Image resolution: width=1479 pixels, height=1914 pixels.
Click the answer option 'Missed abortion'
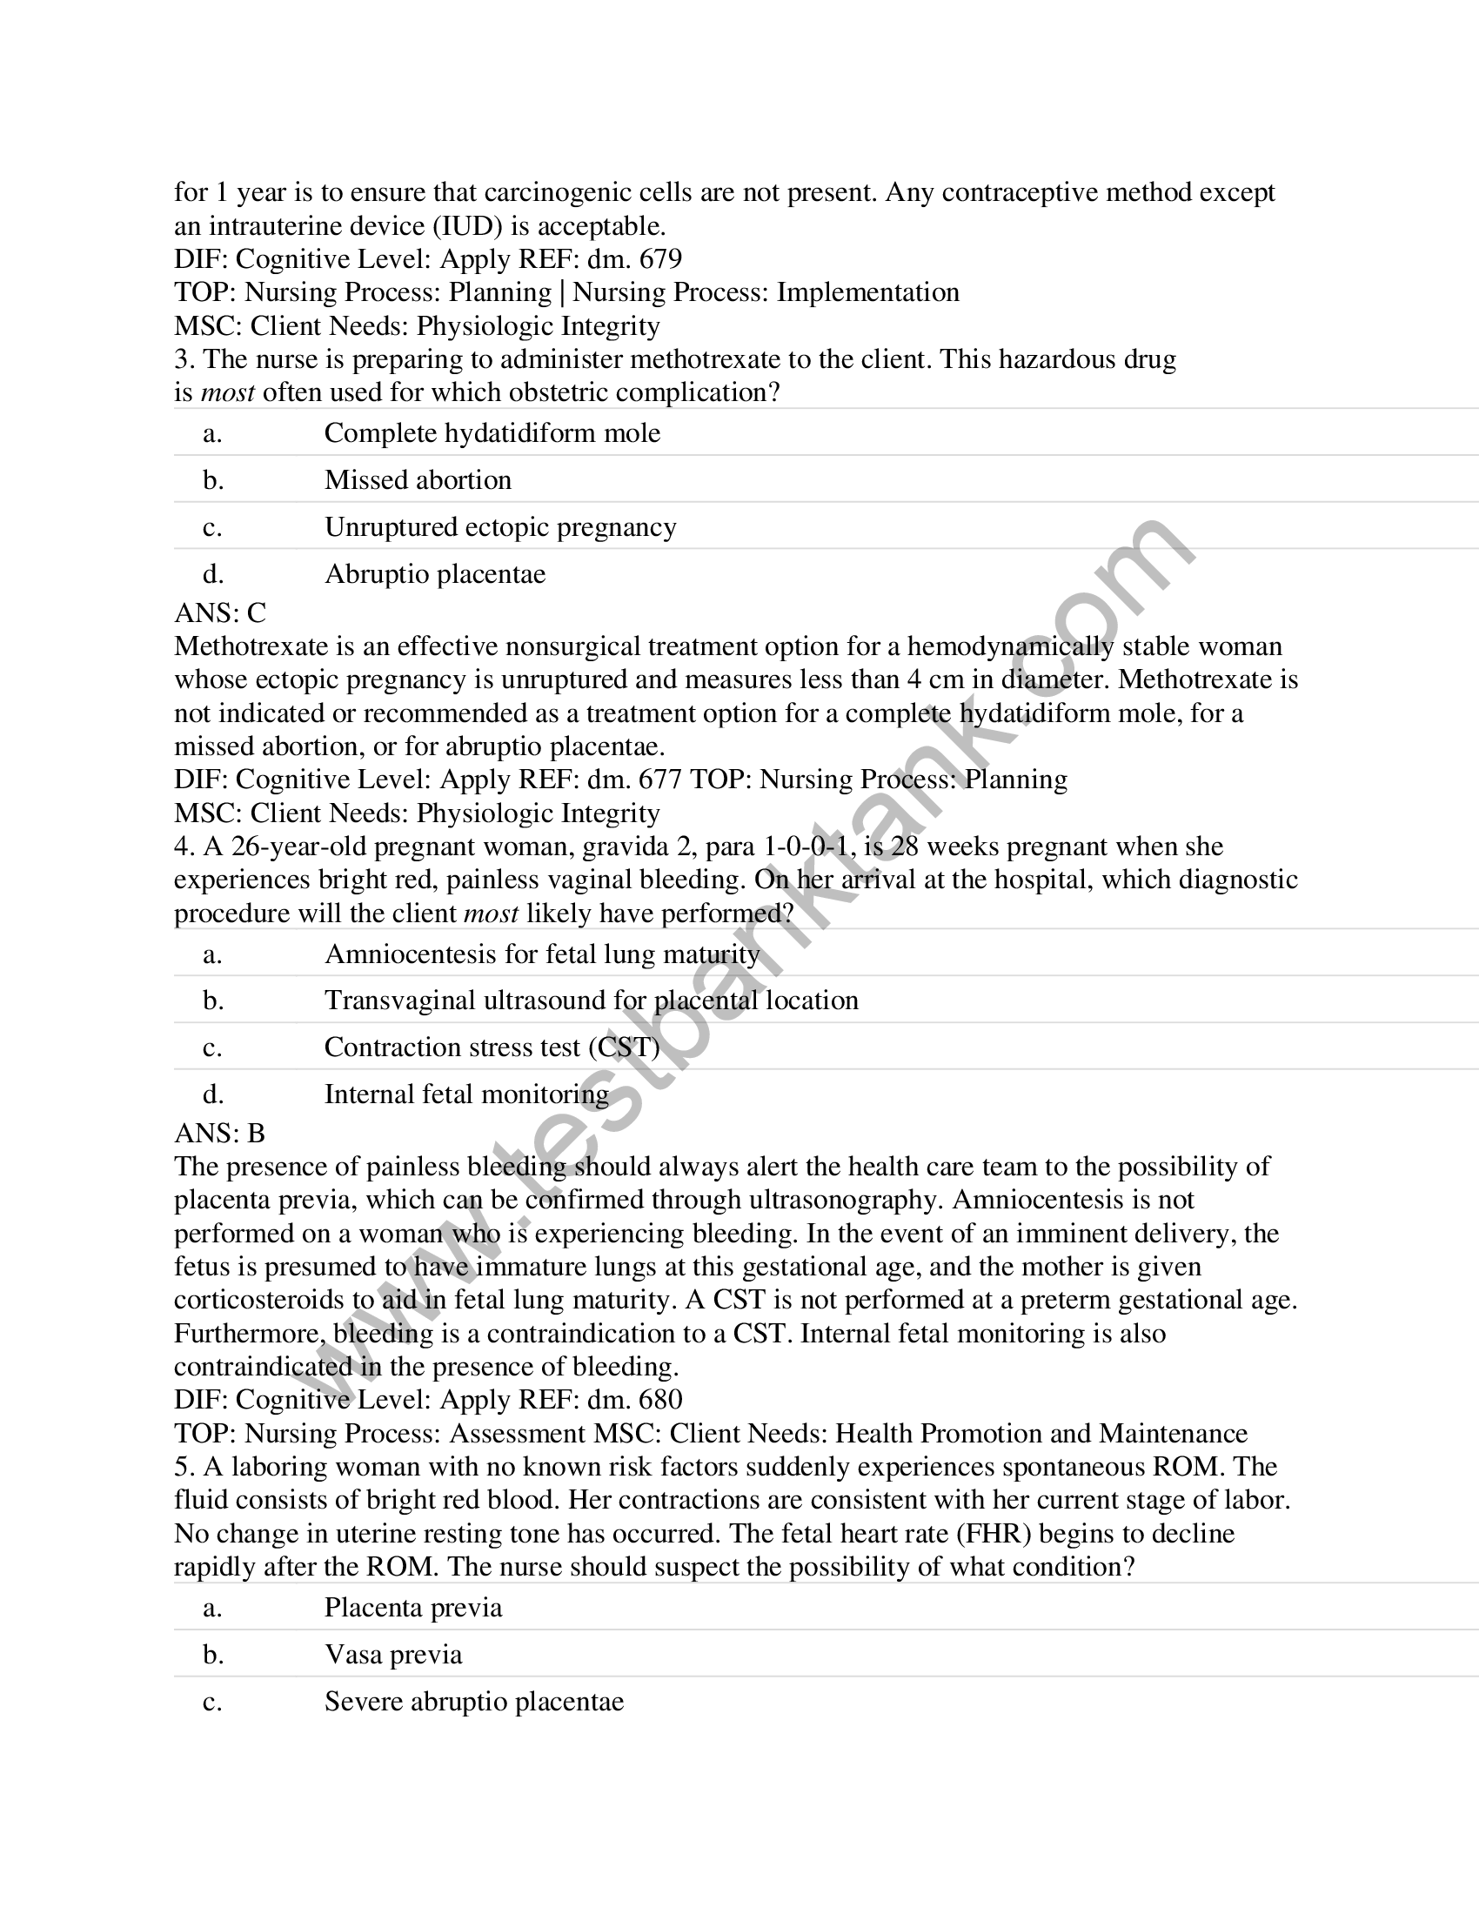[417, 479]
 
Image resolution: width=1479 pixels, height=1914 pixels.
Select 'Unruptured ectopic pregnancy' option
[499, 526]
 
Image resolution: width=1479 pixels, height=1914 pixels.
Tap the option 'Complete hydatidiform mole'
[492, 433]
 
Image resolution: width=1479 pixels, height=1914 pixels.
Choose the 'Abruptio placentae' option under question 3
[435, 574]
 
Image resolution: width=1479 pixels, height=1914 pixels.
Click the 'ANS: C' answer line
[220, 612]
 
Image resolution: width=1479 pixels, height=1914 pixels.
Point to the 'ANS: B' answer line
[219, 1133]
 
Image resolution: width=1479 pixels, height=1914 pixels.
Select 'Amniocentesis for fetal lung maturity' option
[541, 954]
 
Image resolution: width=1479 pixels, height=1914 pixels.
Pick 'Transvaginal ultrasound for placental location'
[591, 1000]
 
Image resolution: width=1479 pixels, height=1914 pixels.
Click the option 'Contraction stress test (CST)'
[491, 1047]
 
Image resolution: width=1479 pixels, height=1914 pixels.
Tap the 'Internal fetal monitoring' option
[466, 1094]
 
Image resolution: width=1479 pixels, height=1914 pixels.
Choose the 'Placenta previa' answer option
[412, 1607]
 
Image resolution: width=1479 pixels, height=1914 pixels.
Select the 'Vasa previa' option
[392, 1655]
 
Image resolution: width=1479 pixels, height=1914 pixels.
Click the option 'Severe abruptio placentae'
[473, 1702]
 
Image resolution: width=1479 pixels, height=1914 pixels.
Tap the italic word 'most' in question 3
[228, 392]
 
